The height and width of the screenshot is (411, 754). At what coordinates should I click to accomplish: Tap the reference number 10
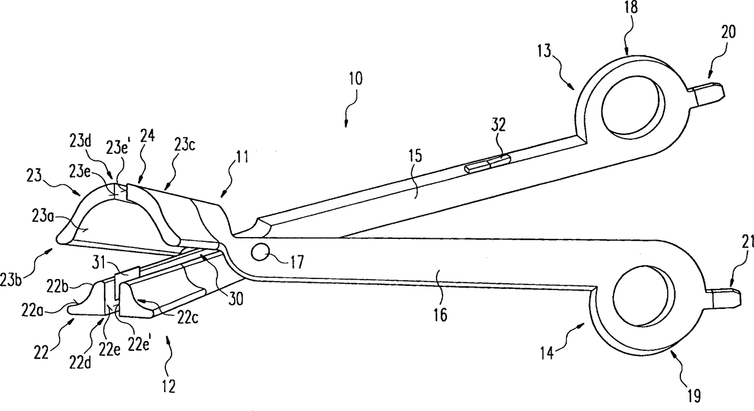pyautogui.click(x=356, y=79)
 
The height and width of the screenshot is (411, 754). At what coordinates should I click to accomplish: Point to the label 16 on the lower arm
pyautogui.click(x=441, y=315)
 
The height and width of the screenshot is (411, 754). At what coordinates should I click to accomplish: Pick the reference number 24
pyautogui.click(x=148, y=136)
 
